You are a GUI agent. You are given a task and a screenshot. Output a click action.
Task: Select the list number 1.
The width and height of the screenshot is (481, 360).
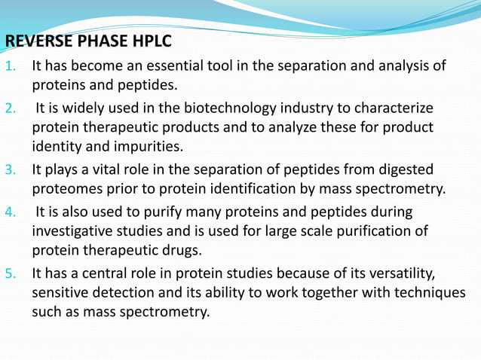[x=11, y=66]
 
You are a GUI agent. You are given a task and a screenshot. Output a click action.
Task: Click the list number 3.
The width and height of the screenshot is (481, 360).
[x=11, y=169]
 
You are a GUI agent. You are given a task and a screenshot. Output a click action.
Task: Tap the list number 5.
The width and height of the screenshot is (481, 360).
[x=11, y=272]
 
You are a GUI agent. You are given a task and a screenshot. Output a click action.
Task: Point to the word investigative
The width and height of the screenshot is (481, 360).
[x=72, y=230]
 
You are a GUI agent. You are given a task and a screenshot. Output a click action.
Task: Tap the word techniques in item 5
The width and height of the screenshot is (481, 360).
[x=430, y=292]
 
